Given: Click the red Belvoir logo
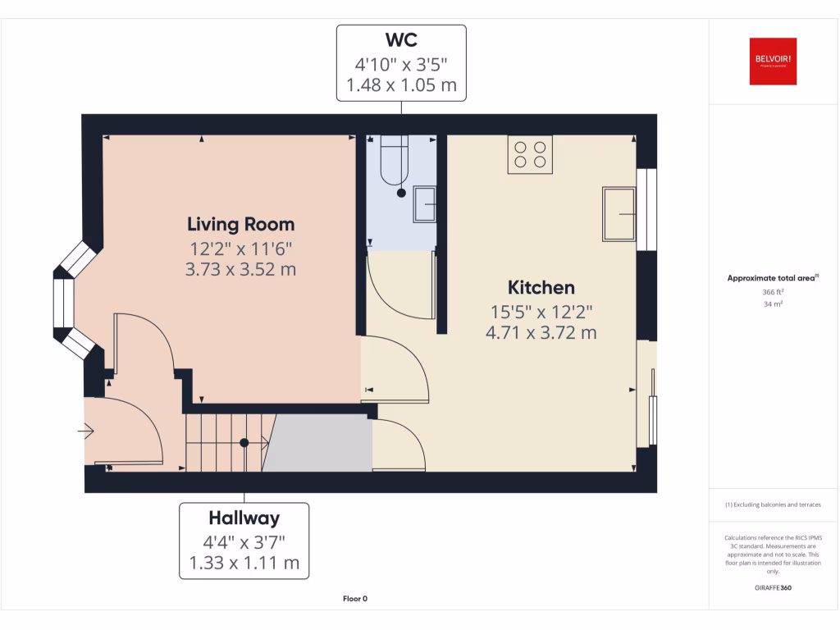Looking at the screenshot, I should point(773,62).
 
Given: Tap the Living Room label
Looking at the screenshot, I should point(240,224).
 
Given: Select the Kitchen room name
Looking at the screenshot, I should point(541,288).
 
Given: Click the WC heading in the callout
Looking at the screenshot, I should point(401,40).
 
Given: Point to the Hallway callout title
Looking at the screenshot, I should point(244,518).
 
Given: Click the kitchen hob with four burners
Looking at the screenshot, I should point(530,153).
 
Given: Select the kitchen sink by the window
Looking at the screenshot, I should point(619,214).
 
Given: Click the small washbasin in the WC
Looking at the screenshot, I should point(425,204).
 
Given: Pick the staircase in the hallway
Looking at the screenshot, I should point(226,443).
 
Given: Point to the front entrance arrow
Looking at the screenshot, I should point(86,431).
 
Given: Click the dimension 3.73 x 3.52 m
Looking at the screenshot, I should point(240,269).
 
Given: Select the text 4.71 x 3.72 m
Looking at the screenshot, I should point(541,333).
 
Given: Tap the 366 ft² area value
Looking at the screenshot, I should point(773,292).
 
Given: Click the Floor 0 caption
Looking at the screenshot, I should point(355,599).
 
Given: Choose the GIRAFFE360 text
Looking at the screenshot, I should point(773,588).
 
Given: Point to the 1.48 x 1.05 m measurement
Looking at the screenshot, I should point(401,84).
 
